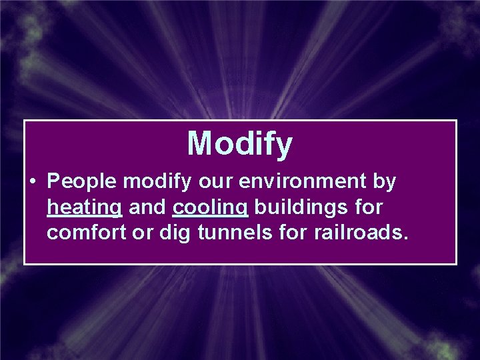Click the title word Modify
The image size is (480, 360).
coord(239,143)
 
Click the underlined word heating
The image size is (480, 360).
coord(85,209)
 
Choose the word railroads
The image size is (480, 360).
coord(363,234)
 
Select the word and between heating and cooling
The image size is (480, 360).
coord(147,208)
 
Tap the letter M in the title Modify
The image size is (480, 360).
coord(201,143)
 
